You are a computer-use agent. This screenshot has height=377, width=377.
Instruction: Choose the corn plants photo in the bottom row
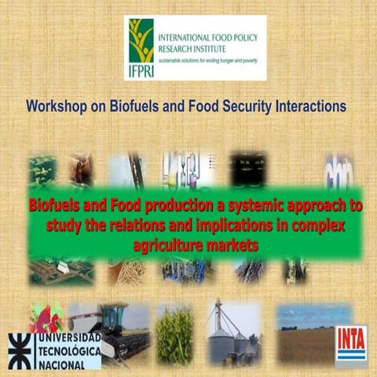point(174,334)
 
